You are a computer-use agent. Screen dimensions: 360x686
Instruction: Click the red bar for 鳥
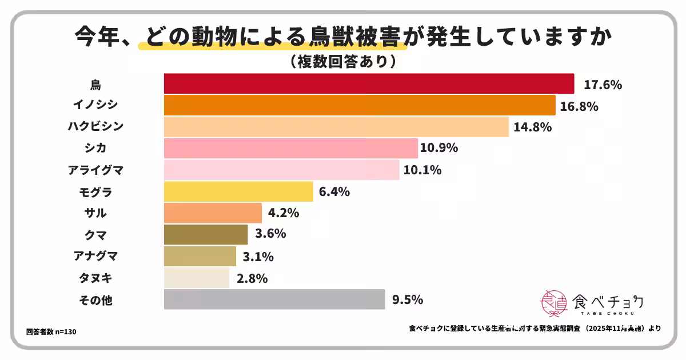369,83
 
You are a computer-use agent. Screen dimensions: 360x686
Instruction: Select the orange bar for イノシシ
360,105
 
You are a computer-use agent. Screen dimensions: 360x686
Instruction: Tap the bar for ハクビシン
336,127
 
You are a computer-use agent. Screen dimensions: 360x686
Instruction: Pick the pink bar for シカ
290,148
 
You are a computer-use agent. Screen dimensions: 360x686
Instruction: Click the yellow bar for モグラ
238,191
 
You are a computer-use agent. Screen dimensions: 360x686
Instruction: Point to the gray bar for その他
274,299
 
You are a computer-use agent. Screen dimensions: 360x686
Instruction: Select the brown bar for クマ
206,234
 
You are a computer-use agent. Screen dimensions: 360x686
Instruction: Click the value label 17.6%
603,85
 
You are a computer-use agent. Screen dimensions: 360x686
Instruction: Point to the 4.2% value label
284,213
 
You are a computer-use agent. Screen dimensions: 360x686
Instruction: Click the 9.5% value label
408,299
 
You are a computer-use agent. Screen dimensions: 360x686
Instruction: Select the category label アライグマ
95,170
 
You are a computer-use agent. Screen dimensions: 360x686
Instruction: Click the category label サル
95,213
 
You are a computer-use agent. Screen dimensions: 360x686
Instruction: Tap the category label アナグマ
95,257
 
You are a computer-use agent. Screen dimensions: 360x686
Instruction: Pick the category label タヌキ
95,278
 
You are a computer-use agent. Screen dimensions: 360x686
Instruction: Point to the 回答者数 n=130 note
51,332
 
